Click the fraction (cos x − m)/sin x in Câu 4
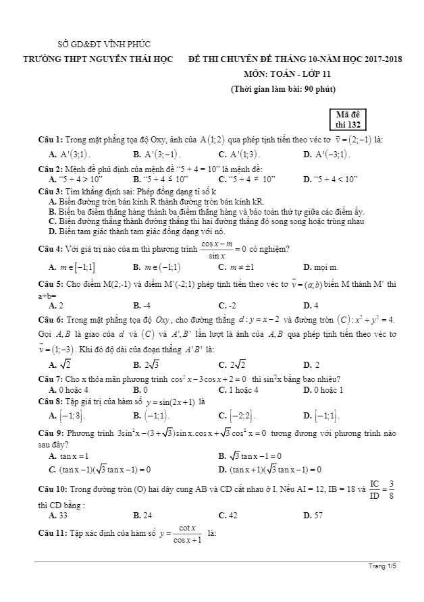coord(215,249)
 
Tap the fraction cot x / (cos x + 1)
coord(178,533)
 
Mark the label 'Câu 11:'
coord(52,534)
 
